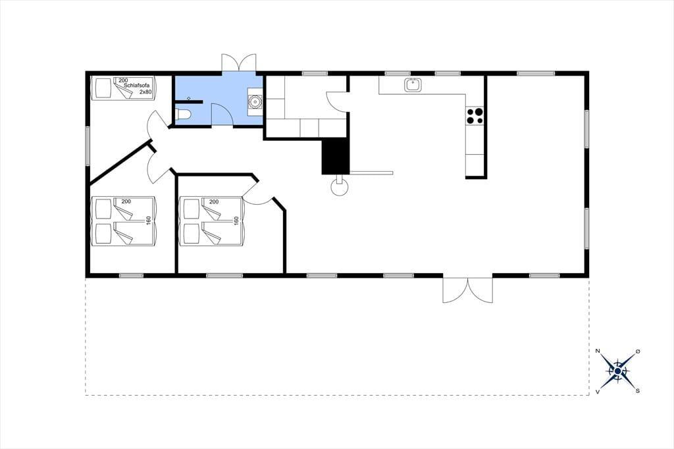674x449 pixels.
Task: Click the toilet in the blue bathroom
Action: [184, 115]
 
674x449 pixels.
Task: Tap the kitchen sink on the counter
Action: [413, 85]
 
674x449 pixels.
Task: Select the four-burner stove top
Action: [475, 116]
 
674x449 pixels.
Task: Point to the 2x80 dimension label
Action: [145, 92]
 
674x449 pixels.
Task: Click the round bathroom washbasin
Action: [255, 102]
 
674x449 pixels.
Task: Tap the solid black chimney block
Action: [336, 157]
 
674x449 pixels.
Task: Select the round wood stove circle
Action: [340, 187]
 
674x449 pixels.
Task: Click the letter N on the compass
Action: [598, 351]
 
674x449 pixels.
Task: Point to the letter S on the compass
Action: [638, 391]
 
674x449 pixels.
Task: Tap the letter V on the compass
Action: [598, 392]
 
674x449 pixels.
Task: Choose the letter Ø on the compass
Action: [638, 352]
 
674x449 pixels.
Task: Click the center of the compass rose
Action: [617, 371]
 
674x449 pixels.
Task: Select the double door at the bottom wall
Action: [468, 290]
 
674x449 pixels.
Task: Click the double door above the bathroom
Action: [238, 63]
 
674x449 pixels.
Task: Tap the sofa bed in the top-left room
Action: [124, 88]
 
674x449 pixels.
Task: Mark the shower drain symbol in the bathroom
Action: [189, 98]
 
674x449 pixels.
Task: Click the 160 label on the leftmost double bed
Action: [149, 221]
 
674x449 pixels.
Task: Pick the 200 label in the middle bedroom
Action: [214, 201]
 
